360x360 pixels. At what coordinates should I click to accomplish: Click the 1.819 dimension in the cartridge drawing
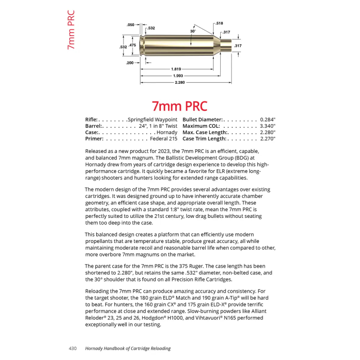pos(176,69)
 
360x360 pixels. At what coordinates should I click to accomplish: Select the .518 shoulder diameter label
pos(219,23)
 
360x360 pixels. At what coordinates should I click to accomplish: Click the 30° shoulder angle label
pos(193,31)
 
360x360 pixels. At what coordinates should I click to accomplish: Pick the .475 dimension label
pos(132,45)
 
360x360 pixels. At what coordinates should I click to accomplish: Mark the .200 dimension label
pos(130,63)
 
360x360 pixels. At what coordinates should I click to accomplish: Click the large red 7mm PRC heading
pos(180,106)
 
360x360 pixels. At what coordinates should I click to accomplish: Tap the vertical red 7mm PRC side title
pos(71,30)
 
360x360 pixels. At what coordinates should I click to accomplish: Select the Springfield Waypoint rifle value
pos(152,120)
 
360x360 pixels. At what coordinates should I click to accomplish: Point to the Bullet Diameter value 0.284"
pos(267,120)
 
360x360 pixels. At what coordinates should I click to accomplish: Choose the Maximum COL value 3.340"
pos(267,126)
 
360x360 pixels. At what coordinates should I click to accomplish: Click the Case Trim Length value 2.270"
pos(267,139)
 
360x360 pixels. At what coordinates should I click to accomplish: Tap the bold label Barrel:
pos(95,126)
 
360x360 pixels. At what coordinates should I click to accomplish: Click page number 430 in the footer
pos(73,348)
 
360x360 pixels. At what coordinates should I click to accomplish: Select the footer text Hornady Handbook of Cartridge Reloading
pos(128,348)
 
